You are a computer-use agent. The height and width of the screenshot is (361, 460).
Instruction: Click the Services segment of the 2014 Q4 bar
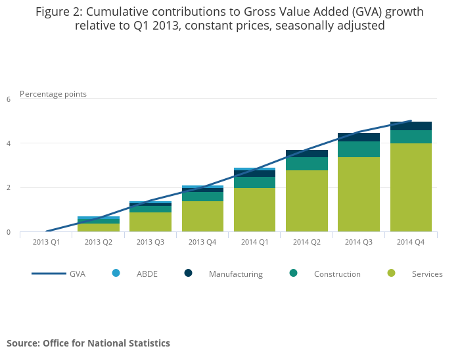[x=411, y=187]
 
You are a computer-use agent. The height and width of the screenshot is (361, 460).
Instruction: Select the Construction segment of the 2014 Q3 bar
[x=359, y=149]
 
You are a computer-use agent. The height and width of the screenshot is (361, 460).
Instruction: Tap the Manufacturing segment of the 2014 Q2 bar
[x=307, y=153]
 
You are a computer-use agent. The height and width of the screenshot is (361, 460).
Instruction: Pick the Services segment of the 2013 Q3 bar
[x=150, y=222]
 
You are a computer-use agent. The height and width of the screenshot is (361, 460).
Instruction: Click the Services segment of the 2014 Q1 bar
[x=255, y=210]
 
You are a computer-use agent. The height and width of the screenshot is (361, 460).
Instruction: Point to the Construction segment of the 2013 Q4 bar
[x=202, y=197]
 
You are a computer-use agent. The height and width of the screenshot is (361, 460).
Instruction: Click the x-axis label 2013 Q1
[x=46, y=242]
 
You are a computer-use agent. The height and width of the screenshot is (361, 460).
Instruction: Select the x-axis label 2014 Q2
[x=307, y=242]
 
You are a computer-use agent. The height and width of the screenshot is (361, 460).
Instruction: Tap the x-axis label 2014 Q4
[x=411, y=242]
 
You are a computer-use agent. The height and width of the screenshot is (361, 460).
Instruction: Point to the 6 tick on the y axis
[x=9, y=99]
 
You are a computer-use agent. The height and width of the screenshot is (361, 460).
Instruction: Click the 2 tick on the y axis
[x=9, y=188]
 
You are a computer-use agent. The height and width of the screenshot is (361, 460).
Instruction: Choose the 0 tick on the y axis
[x=9, y=232]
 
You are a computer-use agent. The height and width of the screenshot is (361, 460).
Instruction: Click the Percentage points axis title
[x=53, y=94]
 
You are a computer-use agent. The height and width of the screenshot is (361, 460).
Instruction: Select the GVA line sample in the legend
[x=49, y=274]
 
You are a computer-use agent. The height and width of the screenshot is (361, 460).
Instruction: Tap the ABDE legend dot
[x=116, y=273]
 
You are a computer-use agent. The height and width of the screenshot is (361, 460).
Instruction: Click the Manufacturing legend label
[x=235, y=274]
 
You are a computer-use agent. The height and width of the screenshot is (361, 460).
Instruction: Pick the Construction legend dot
[x=293, y=273]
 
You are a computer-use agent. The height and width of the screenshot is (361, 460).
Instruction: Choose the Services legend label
[x=427, y=274]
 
